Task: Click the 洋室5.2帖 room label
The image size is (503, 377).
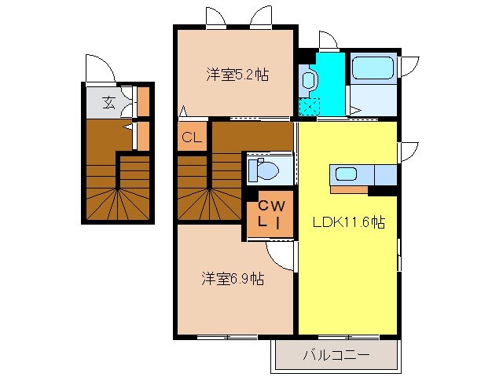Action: pyautogui.click(x=237, y=75)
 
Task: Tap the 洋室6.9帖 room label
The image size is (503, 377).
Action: pyautogui.click(x=232, y=278)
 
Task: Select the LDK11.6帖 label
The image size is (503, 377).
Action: pyautogui.click(x=348, y=222)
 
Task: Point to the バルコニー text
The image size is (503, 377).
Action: pyautogui.click(x=336, y=355)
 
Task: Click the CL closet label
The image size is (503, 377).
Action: pyautogui.click(x=192, y=138)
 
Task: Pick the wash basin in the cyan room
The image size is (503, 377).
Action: pyautogui.click(x=309, y=80)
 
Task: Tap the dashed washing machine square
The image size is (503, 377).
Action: pyautogui.click(x=309, y=107)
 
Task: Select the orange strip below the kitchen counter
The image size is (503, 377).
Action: pyautogui.click(x=349, y=189)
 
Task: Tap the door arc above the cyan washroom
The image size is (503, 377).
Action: pyautogui.click(x=329, y=41)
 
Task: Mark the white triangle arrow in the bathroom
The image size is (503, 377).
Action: pyautogui.click(x=357, y=111)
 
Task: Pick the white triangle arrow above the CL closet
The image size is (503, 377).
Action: pyautogui.click(x=183, y=112)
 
